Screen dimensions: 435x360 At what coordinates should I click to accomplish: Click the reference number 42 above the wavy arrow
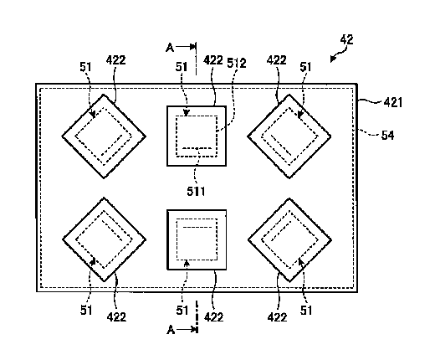coord(346,39)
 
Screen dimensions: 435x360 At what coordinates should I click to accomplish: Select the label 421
coord(393,103)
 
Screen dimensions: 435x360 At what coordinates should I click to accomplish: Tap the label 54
coord(387,136)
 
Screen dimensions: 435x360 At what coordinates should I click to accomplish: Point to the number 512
coord(237,63)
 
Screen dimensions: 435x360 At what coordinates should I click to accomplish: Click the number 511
coord(196,192)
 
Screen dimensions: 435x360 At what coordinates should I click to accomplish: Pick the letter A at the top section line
coord(170,48)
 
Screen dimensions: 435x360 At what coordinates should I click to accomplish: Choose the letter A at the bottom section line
coord(171,330)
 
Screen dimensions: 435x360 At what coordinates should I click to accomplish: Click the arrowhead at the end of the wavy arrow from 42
coord(333,59)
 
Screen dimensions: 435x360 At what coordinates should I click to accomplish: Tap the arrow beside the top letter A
coord(186,47)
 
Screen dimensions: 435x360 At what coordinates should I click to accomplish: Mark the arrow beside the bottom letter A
coord(187,330)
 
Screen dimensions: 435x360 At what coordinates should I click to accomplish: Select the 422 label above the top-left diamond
coord(116,60)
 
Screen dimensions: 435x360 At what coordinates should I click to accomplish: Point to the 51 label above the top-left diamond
coord(85,67)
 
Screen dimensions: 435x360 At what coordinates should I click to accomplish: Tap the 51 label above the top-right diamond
coord(305,67)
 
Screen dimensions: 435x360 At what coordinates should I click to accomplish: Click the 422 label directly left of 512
coord(213,60)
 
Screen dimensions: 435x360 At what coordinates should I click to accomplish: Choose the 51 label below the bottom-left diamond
coord(86,310)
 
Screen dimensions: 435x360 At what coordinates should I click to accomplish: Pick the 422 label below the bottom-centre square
coord(214,317)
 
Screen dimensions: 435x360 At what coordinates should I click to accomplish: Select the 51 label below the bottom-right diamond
coord(306,311)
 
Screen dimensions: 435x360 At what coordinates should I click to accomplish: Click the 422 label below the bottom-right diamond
coord(277,317)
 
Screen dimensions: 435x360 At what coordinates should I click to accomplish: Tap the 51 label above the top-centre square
coord(182,67)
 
